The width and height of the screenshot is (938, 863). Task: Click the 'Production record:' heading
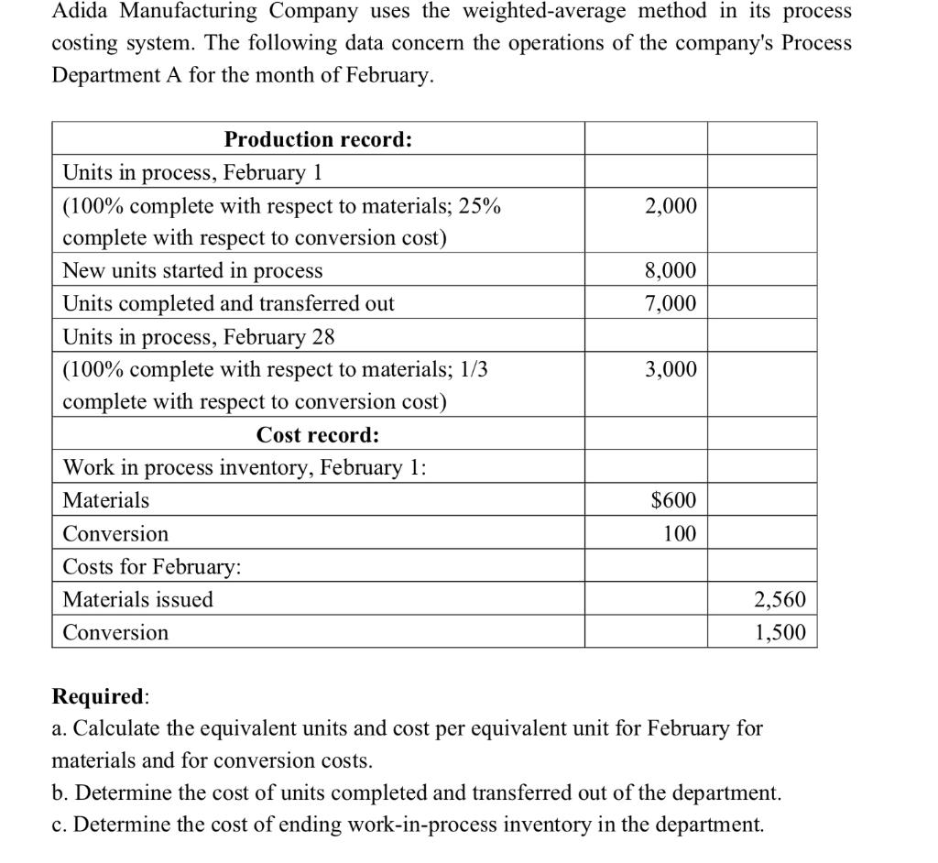[x=318, y=140]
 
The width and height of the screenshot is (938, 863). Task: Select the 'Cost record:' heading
[x=318, y=434]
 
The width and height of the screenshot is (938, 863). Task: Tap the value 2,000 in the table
[x=671, y=206]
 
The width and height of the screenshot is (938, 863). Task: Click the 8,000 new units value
[x=671, y=271]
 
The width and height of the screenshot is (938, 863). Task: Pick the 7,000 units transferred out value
[x=671, y=303]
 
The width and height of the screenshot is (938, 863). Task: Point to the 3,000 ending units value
[x=671, y=369]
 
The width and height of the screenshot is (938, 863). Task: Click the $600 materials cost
[x=673, y=500]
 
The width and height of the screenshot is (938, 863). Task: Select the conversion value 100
[x=680, y=533]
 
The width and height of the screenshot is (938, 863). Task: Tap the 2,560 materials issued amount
[x=780, y=600]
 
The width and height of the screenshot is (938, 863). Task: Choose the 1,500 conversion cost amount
[x=780, y=632]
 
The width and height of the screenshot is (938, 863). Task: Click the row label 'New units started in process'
[x=192, y=271]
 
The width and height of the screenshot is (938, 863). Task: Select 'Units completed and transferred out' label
[x=228, y=303]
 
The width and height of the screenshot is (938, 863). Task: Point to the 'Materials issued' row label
[x=137, y=600]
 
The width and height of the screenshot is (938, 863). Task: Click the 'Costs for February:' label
[x=152, y=567]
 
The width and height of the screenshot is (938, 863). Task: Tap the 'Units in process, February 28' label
[x=198, y=336]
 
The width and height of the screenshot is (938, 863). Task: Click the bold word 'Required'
[x=98, y=696]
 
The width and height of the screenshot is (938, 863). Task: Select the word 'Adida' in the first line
[x=78, y=12]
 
